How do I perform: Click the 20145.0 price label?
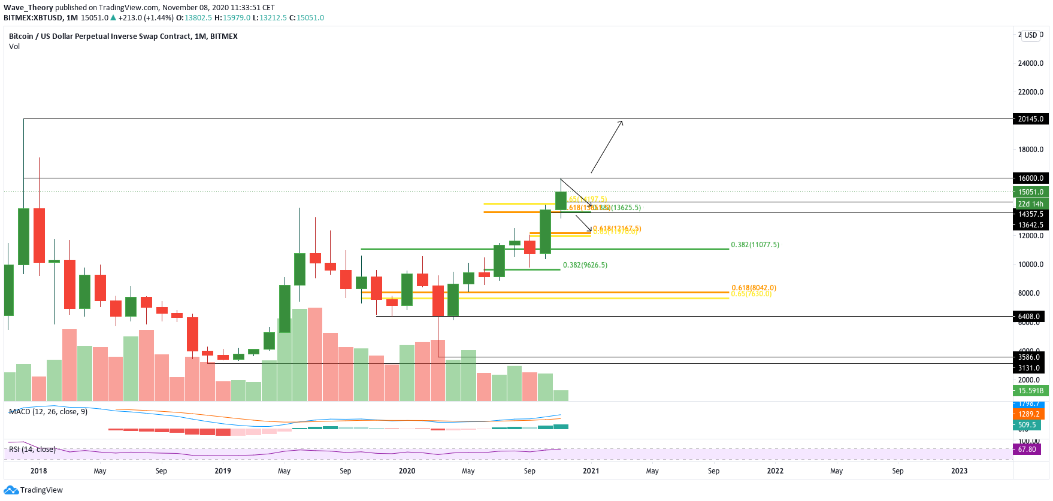[1030, 119]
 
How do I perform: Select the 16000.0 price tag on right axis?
[1030, 178]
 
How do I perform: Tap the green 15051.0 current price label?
[1030, 192]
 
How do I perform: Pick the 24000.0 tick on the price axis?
[1030, 63]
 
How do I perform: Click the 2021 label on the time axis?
[591, 471]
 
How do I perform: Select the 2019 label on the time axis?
[223, 471]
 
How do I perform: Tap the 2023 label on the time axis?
[959, 471]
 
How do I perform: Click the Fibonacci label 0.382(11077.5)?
[755, 245]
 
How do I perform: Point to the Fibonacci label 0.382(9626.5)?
[585, 265]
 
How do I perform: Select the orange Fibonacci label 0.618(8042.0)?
[754, 288]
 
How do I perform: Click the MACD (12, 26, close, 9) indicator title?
[48, 412]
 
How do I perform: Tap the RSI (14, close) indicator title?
[32, 450]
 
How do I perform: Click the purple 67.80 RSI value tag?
[1027, 450]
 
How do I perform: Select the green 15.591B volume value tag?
[1030, 391]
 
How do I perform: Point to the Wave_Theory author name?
[28, 8]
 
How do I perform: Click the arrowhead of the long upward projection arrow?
[621, 122]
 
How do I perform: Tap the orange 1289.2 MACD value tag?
[1030, 414]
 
